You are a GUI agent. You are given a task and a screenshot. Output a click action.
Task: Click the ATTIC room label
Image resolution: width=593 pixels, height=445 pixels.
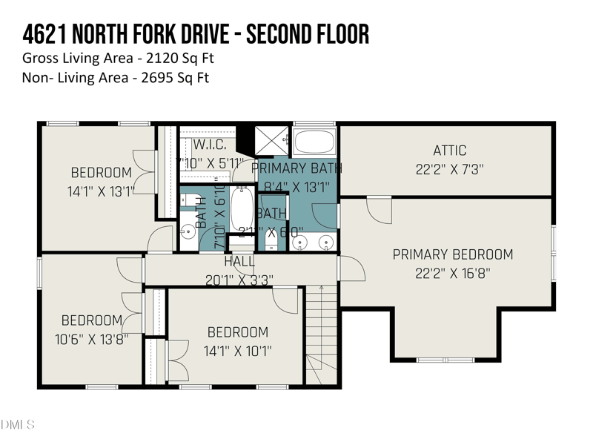click(450, 151)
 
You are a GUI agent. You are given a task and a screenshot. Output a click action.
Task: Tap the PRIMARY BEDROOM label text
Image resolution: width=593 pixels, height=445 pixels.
click(452, 254)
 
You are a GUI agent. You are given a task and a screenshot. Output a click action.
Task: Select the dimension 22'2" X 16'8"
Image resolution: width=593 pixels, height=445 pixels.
click(452, 272)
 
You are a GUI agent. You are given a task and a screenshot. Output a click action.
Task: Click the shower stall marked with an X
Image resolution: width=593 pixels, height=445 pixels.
click(271, 139)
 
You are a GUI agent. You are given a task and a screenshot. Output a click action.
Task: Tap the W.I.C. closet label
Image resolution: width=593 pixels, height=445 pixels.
click(214, 144)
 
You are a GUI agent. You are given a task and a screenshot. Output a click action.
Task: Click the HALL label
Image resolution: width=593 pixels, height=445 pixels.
click(239, 262)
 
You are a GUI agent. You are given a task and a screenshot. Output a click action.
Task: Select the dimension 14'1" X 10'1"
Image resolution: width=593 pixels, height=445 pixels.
click(237, 351)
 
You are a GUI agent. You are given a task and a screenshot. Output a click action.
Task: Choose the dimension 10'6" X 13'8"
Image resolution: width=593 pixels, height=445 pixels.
click(91, 339)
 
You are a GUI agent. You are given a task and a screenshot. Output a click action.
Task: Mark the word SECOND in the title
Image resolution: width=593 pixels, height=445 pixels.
click(285, 34)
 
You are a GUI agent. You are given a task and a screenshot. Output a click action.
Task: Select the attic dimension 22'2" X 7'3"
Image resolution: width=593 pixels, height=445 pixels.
click(450, 169)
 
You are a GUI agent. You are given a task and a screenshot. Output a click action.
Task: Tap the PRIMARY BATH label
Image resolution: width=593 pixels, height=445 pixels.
click(296, 168)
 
